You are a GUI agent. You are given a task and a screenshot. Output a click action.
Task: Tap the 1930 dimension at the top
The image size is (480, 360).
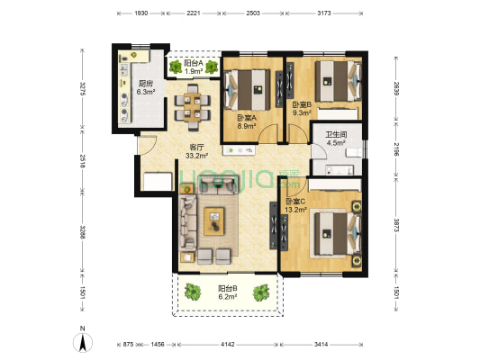tap(141, 13)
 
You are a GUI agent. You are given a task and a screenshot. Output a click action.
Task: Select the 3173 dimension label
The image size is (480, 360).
tap(324, 13)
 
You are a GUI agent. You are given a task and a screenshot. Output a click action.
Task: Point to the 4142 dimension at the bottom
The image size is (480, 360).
tap(228, 345)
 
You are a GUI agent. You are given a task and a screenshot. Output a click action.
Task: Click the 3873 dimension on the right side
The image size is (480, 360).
tap(396, 225)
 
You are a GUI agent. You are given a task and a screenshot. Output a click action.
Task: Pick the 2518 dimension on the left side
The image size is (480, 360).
tap(82, 161)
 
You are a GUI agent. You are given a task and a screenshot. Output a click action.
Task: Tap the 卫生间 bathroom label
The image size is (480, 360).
tap(336, 135)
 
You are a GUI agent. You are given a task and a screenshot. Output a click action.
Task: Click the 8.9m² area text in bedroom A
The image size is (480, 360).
tap(247, 125)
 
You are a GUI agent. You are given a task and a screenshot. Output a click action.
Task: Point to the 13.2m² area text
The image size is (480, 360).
tap(295, 210)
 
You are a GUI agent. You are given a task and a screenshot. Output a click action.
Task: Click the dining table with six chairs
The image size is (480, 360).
tap(192, 108)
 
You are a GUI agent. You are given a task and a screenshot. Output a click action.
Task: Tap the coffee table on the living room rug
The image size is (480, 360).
tap(214, 221)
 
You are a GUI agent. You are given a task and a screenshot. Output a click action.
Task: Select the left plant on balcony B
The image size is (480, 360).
tap(193, 292)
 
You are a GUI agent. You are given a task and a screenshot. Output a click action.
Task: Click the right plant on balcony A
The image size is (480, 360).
tap(212, 67)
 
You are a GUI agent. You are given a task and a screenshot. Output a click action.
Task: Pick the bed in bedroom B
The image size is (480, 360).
tap(339, 81)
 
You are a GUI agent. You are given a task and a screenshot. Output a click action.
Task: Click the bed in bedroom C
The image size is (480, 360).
tap(338, 234)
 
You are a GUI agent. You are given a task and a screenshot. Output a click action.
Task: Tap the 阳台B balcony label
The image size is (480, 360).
tap(228, 288)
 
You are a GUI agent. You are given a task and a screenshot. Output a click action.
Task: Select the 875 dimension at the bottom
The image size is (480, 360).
tap(128, 345)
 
